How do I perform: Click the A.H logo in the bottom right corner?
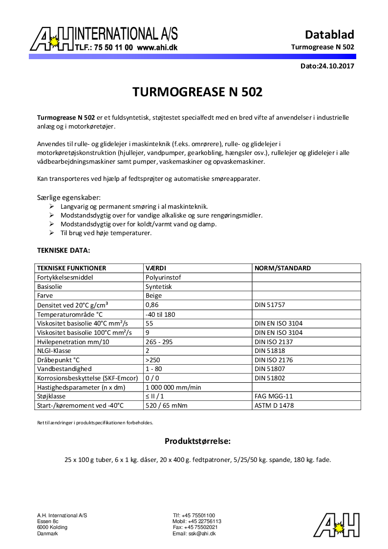(336, 525)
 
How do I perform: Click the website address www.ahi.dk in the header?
(157, 48)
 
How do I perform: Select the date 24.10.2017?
(336, 66)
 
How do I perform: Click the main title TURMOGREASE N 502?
(197, 92)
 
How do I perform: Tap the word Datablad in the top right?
(329, 35)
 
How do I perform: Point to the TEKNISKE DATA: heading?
(64, 250)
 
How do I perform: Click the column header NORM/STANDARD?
(282, 268)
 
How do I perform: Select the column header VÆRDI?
(156, 268)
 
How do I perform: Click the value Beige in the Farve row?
(154, 296)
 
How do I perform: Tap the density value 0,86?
(152, 305)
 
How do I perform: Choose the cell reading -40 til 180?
(160, 314)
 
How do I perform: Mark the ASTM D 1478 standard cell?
(274, 405)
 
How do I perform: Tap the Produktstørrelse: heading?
(197, 441)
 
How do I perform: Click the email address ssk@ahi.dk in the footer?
(194, 533)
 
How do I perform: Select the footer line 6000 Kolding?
(52, 527)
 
